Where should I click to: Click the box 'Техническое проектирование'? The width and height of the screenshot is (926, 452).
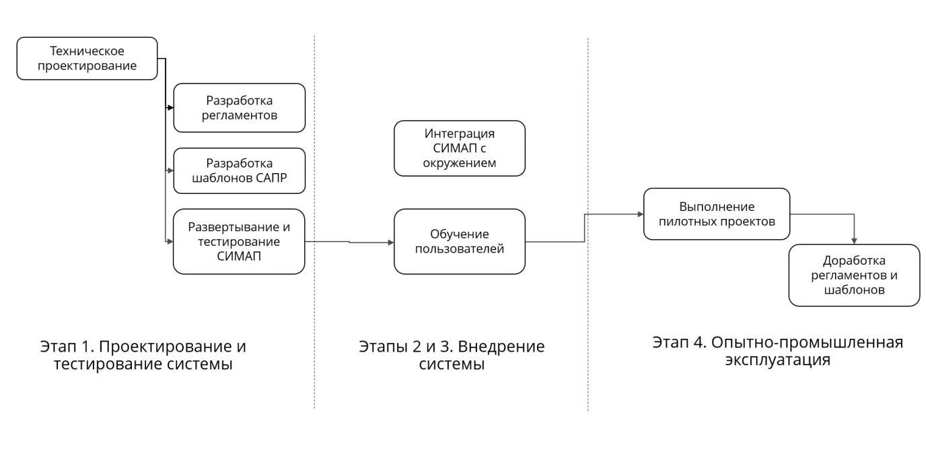tap(87, 59)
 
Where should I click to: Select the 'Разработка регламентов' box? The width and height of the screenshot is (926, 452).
tap(239, 108)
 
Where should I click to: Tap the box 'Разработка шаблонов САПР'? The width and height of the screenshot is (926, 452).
tap(239, 171)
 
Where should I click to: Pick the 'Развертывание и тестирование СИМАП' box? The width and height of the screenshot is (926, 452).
tap(239, 241)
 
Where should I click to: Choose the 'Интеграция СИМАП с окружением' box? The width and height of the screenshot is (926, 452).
tap(459, 148)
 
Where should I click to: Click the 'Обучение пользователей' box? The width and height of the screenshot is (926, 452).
tap(459, 241)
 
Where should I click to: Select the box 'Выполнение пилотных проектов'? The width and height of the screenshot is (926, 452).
tap(716, 214)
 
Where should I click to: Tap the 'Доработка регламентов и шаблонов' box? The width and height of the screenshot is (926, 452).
tap(853, 275)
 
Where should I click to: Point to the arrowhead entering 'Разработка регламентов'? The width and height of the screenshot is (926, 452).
tap(170, 107)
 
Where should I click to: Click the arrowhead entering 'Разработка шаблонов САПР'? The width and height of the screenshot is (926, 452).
tap(170, 171)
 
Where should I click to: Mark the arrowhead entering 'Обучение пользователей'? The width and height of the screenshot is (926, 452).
tap(390, 242)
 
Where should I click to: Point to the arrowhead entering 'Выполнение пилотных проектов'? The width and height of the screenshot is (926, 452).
tap(640, 214)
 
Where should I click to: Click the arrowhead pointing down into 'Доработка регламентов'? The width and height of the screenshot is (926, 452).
tap(854, 240)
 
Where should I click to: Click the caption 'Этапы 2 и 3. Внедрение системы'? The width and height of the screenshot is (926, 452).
tap(452, 355)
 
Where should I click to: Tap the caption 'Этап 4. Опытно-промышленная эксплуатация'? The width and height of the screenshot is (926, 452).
tap(777, 350)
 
